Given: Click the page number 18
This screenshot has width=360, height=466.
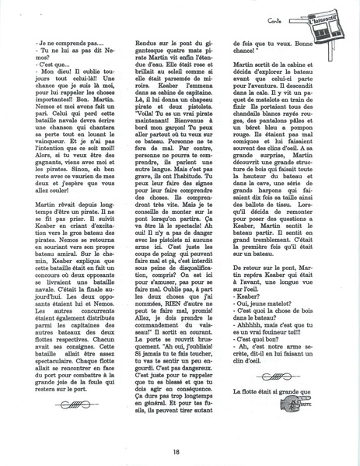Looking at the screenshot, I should click(178, 450).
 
